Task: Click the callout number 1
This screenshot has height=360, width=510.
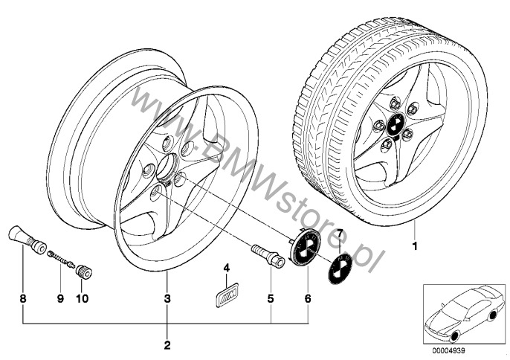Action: coord(416,245)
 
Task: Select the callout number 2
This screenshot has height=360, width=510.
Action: coord(167,345)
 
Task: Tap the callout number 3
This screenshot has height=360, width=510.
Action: coord(167,298)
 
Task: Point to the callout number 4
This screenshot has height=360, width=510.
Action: coord(228,266)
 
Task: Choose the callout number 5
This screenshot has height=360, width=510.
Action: coord(271,298)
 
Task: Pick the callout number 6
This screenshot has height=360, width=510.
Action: coord(307,298)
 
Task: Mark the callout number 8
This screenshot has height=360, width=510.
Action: coord(24,298)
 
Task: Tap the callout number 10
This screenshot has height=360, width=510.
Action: coord(82,298)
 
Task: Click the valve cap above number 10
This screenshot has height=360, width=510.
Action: coord(83,271)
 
